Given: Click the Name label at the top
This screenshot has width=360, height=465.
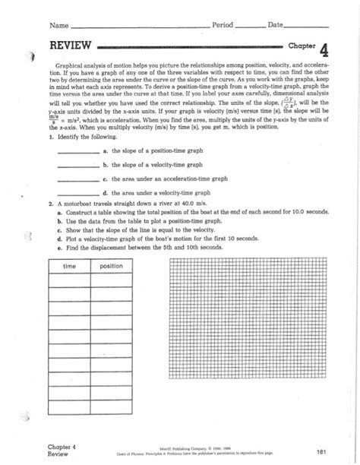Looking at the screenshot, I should (x=58, y=26).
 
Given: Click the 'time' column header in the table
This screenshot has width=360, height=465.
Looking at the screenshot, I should (x=69, y=267).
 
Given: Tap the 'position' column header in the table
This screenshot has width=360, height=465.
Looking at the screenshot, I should (x=111, y=267).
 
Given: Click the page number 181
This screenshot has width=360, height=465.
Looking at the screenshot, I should (x=322, y=451).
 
